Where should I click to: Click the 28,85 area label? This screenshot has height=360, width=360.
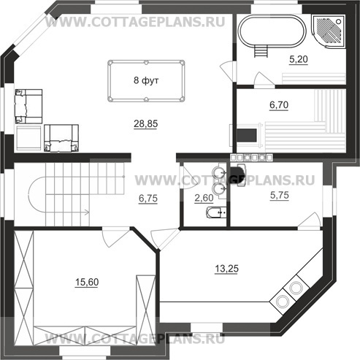point(145,123)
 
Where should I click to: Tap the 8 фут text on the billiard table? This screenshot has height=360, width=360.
point(146,80)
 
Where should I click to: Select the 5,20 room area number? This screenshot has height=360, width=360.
point(299,59)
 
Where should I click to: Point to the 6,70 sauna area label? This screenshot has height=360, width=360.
point(279,105)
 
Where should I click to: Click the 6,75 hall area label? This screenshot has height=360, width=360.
point(148,199)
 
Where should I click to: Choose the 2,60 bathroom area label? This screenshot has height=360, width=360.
point(204,198)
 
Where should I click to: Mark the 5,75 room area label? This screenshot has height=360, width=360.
point(280,195)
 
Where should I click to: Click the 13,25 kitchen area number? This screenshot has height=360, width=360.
point(226,269)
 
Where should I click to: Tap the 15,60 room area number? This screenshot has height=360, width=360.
point(87,282)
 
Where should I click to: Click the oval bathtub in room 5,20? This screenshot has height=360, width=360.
point(272,31)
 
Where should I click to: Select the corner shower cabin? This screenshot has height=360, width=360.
point(329,31)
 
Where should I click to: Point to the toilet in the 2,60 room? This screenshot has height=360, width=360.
point(216,212)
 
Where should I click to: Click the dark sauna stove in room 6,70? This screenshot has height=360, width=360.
point(247,135)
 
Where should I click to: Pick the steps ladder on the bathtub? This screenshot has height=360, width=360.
point(261,52)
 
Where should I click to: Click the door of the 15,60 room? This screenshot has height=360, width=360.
point(115,237)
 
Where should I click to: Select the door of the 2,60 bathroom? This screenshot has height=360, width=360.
point(187,177)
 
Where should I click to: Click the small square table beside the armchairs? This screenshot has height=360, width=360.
point(28,138)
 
